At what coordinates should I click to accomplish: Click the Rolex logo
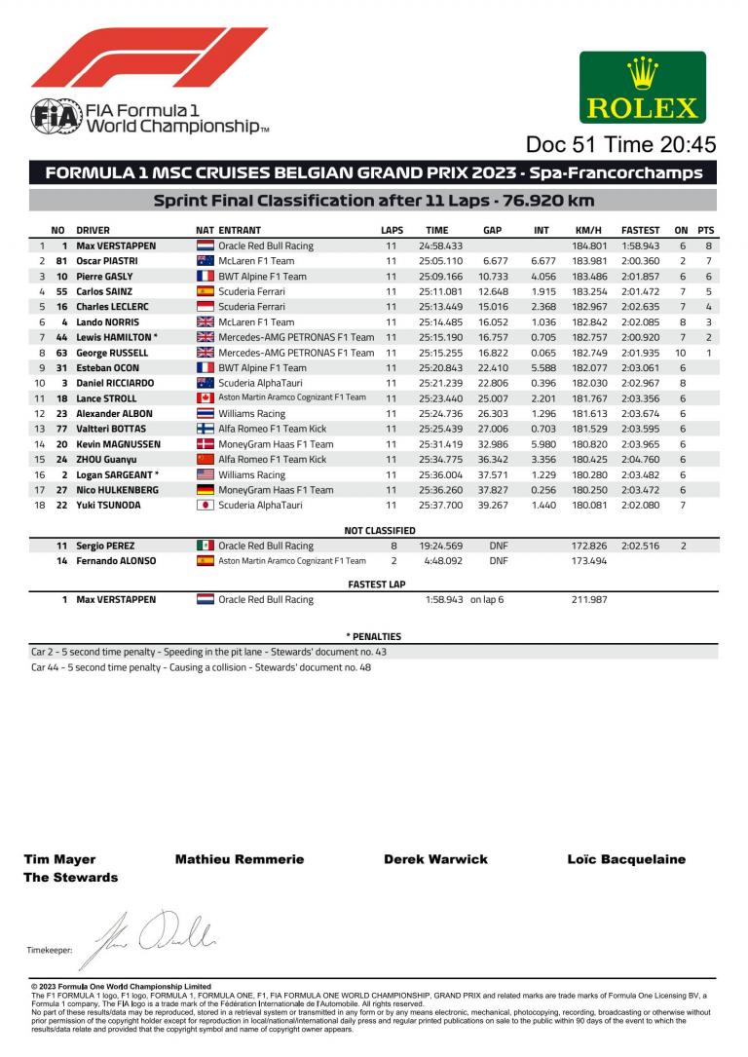point(643,87)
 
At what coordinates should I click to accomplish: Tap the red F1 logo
point(149,57)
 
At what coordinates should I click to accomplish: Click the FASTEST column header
point(640,230)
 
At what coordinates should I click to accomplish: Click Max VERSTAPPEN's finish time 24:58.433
point(440,246)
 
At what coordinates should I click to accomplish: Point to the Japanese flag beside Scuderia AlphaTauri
point(206,506)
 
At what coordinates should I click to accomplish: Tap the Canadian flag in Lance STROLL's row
point(206,398)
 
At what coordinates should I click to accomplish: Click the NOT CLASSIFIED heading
point(380,531)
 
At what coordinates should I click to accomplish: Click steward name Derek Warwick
point(435,859)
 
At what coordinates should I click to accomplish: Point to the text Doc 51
point(559,145)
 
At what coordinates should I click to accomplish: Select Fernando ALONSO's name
point(116,561)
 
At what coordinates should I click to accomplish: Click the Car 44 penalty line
point(202,667)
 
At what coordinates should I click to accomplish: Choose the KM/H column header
point(589,230)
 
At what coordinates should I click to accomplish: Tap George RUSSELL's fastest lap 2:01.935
point(640,353)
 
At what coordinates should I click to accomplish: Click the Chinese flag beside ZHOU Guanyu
point(206,460)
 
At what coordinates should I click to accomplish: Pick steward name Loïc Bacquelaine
point(626,859)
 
